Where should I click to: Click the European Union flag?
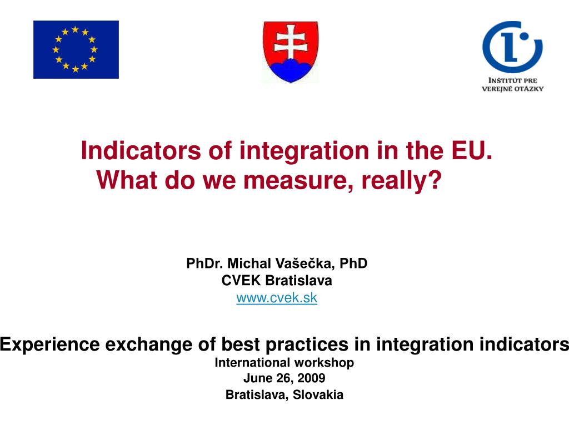[76, 49]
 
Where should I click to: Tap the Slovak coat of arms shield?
[291, 52]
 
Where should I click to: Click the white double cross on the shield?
[291, 41]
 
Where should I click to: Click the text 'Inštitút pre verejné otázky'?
[512, 84]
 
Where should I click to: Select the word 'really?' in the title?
[401, 181]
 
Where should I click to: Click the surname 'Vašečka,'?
[306, 263]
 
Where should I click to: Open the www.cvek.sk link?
[277, 298]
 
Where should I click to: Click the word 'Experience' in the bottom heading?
[49, 344]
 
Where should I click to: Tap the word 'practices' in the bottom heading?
[307, 344]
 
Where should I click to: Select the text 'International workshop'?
[284, 362]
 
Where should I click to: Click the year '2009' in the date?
[311, 378]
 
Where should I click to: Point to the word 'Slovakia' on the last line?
[318, 394]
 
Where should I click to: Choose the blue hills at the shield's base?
[291, 69]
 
